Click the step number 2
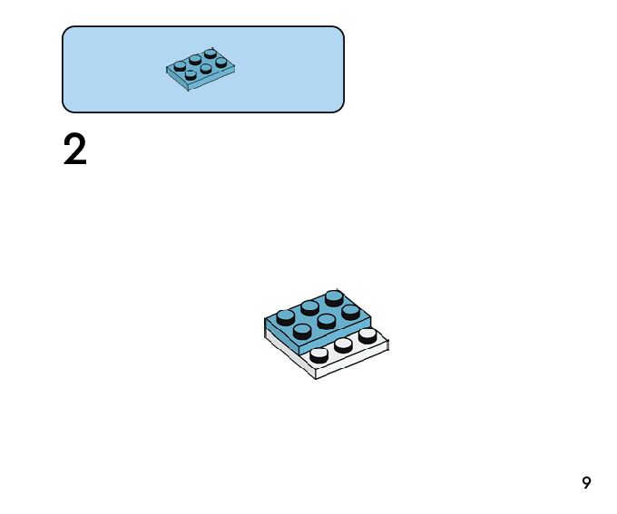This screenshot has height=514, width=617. click(75, 150)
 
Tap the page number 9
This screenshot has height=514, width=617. click(586, 483)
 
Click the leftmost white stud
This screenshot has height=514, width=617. click(319, 354)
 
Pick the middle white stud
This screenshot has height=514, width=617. click(343, 344)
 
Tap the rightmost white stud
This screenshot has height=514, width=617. click(367, 335)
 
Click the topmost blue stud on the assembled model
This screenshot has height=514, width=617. click(334, 297)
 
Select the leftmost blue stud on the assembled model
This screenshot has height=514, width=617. click(286, 317)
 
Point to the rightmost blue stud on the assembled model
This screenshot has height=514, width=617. click(350, 312)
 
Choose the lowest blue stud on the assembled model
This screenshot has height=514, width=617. click(302, 331)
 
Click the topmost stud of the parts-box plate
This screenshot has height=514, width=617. click(210, 53)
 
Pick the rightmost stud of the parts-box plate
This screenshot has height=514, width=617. click(220, 63)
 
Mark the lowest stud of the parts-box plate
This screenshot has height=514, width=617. click(191, 74)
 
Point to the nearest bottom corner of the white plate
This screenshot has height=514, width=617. click(316, 377)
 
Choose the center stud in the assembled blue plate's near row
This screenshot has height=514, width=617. click(327, 322)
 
